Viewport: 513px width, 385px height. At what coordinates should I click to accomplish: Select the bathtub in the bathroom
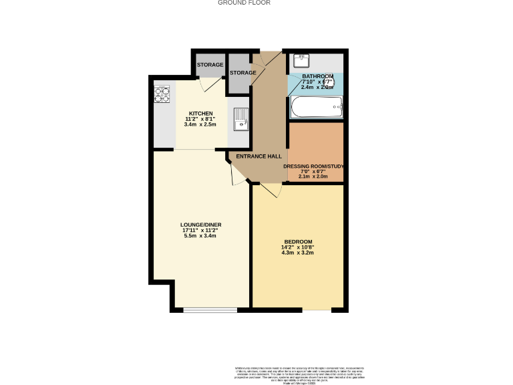point(317,107)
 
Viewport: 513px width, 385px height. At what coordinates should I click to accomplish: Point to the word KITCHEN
point(200,113)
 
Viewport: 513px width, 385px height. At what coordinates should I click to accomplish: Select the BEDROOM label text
point(298,241)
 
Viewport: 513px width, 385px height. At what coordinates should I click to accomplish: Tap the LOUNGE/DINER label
point(200,225)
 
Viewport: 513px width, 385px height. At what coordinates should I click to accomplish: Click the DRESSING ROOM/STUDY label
point(313,166)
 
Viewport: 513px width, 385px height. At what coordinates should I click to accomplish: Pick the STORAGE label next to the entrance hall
point(242,73)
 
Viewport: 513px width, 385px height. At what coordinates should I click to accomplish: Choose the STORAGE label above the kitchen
point(210,65)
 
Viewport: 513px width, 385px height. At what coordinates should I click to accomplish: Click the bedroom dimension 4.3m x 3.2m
point(298,253)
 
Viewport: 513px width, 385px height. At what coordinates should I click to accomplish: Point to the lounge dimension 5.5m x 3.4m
point(200,236)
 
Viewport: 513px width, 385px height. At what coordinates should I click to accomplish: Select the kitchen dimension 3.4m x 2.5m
point(200,124)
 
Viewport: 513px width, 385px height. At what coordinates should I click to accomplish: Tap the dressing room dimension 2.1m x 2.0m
point(313,176)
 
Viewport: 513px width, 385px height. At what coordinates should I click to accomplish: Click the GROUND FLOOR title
point(244,3)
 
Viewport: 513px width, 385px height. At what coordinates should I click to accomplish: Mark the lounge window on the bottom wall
point(210,309)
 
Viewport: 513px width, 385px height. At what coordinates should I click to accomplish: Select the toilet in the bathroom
point(337,85)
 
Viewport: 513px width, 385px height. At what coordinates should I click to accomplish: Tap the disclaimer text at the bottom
point(299,374)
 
